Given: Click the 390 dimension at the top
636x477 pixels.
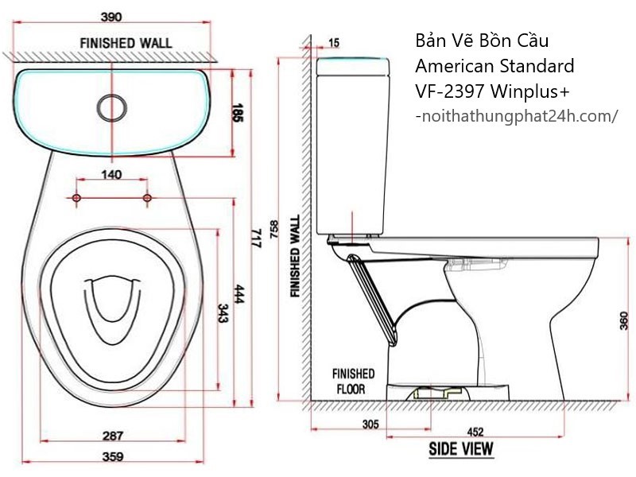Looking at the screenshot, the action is pyautogui.click(x=111, y=17).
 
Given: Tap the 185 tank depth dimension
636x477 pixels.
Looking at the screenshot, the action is pyautogui.click(x=237, y=113).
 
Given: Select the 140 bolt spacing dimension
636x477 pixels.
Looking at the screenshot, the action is pyautogui.click(x=111, y=174).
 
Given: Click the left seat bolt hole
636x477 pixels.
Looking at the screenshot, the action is pyautogui.click(x=76, y=198).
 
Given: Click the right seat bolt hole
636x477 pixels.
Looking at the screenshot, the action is pyautogui.click(x=147, y=198).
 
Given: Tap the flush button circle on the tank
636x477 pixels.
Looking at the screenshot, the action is pyautogui.click(x=111, y=107).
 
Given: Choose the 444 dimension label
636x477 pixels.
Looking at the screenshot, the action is pyautogui.click(x=238, y=294).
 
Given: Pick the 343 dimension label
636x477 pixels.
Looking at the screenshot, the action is pyautogui.click(x=223, y=313).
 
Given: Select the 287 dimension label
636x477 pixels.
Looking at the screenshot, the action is pyautogui.click(x=112, y=436).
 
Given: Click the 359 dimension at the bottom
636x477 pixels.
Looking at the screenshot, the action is pyautogui.click(x=112, y=456).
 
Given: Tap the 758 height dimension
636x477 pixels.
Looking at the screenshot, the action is pyautogui.click(x=274, y=230).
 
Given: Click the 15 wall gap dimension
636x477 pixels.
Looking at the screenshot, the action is pyautogui.click(x=334, y=43).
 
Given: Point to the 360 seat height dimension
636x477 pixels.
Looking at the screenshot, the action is pyautogui.click(x=624, y=320).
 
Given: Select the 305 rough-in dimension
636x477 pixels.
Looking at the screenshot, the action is pyautogui.click(x=370, y=425).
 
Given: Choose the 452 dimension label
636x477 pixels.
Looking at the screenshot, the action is pyautogui.click(x=475, y=432).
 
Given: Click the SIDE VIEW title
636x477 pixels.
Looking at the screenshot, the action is pyautogui.click(x=461, y=449).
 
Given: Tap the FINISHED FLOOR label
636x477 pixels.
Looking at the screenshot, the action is pyautogui.click(x=353, y=382).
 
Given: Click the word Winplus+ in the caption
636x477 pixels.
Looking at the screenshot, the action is pyautogui.click(x=529, y=91).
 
